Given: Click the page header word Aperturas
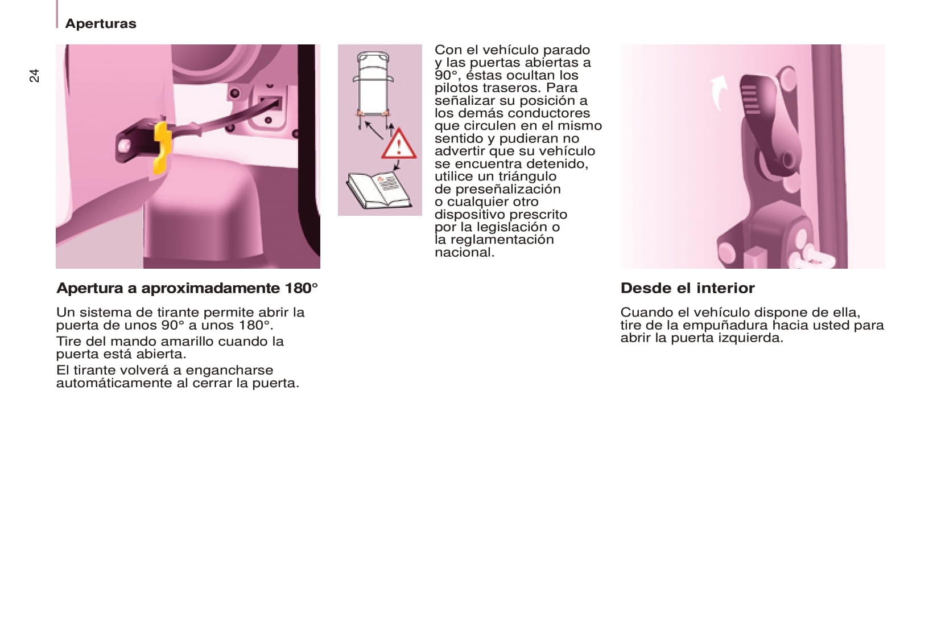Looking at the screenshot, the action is [101, 23].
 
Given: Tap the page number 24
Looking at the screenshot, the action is [34, 76].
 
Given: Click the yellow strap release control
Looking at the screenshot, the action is [162, 147].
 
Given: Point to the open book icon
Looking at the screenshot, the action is [378, 190].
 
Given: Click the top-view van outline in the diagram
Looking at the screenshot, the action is [373, 84].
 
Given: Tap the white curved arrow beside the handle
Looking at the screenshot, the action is [719, 92].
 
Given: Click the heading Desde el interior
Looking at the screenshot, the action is [688, 288].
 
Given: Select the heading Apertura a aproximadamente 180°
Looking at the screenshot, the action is [187, 288].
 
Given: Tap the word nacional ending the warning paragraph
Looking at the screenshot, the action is [465, 252].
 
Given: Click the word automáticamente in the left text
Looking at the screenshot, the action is [114, 383].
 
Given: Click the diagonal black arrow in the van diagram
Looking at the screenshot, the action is [374, 130].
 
